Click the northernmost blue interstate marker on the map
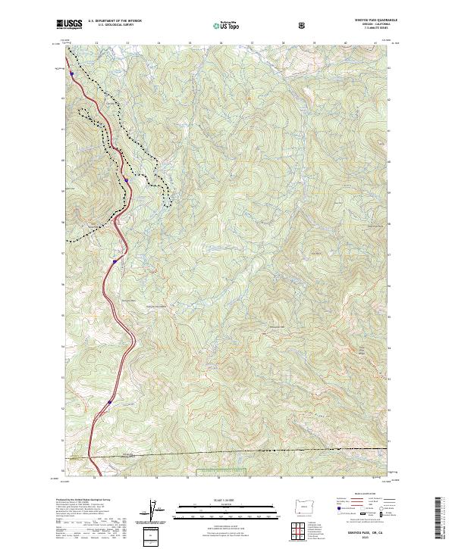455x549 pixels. (x=71, y=74)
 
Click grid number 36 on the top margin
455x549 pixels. (x=221, y=43)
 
